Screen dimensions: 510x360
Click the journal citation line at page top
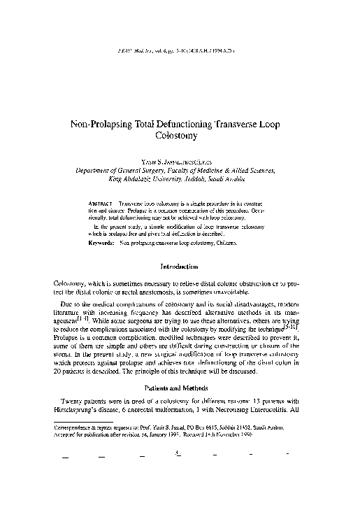(180, 51)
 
